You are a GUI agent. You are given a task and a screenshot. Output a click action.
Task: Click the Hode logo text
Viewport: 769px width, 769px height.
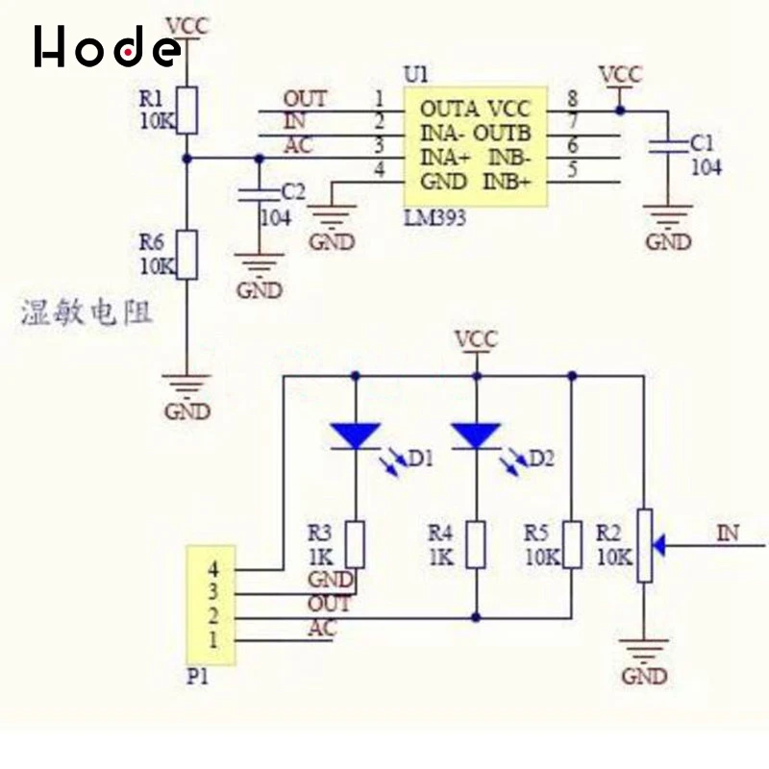[x=106, y=46]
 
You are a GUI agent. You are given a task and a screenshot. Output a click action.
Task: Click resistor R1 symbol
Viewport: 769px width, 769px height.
[x=188, y=110]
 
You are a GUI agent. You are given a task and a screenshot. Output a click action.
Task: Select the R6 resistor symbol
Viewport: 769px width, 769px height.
[x=188, y=254]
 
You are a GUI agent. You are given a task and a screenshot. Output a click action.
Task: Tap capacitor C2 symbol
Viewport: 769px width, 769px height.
[x=257, y=194]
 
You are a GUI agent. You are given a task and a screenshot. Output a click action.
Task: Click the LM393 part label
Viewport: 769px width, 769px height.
[x=434, y=218]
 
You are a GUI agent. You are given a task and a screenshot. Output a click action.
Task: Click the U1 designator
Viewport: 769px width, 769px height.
[x=416, y=74]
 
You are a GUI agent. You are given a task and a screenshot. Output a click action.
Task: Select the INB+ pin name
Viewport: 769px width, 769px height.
[x=507, y=181]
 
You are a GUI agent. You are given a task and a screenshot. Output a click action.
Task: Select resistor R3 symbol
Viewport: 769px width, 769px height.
[x=356, y=545]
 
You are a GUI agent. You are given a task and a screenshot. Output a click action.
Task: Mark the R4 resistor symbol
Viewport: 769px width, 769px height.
[x=476, y=545]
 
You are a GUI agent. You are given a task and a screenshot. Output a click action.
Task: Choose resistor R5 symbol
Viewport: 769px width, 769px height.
[x=573, y=545]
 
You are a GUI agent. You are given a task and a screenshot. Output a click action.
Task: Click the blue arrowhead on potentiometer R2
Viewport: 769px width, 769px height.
[x=659, y=546]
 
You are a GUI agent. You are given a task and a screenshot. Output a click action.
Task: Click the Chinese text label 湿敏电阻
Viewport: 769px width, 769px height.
[x=87, y=313]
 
